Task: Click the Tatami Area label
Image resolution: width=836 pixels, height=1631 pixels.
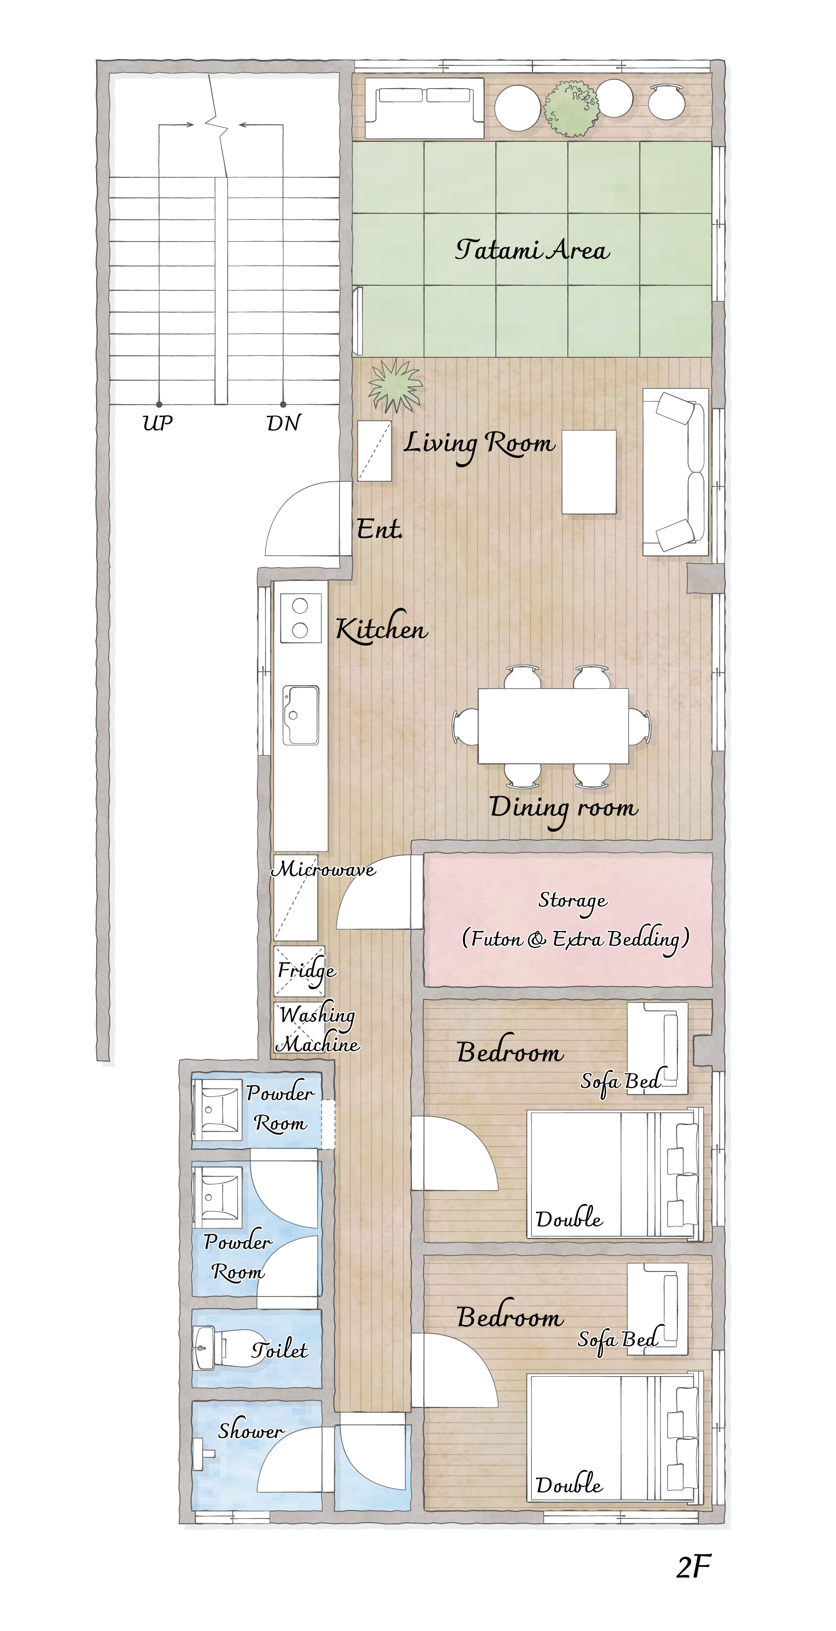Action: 532,249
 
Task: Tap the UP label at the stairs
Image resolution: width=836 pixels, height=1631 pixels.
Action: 158,422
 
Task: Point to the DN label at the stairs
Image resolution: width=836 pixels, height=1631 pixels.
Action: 283,422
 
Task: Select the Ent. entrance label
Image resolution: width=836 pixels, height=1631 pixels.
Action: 379,528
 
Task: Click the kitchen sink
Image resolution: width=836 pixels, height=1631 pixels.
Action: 300,715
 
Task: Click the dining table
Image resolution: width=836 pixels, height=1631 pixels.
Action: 553,725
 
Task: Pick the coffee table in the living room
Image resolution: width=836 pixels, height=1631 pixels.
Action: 589,472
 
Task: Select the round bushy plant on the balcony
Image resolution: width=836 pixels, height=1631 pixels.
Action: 571,108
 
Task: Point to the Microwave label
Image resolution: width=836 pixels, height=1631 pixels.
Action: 323,869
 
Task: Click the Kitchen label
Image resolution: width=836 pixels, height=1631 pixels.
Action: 382,628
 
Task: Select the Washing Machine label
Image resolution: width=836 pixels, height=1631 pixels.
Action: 318,1029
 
